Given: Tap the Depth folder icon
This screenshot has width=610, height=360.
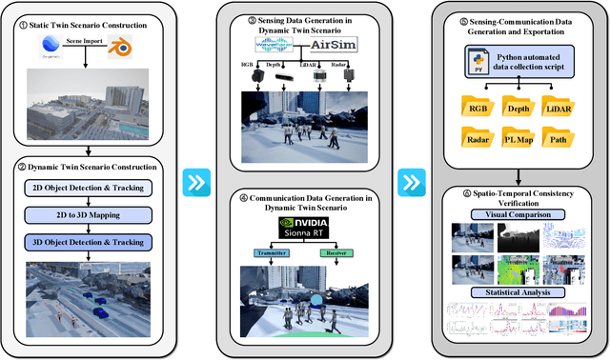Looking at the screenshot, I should click(517, 107).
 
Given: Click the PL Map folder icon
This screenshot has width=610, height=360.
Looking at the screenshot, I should click(517, 140).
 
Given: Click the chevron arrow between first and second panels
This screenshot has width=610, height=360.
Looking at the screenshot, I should click(197, 181).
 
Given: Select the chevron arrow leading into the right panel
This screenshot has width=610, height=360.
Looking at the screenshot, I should click(412, 181).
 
